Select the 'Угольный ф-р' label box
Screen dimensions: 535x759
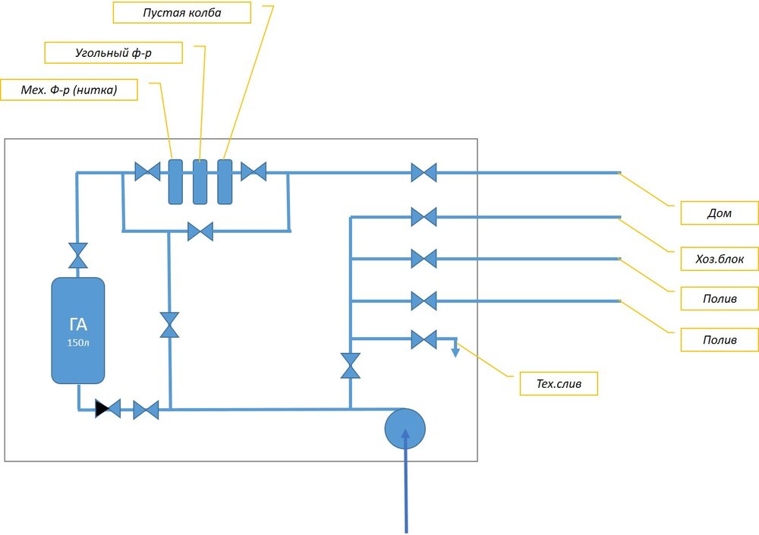103,52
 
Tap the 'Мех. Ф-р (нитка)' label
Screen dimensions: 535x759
70,90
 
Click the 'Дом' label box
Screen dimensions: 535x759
719,213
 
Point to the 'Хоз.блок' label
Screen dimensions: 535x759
719,259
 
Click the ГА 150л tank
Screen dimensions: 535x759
78,330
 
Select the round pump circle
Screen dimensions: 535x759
405,429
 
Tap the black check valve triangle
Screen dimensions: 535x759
102,410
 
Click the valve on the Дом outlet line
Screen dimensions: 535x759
424,173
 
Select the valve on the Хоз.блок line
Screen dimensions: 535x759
424,217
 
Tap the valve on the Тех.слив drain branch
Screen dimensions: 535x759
424,338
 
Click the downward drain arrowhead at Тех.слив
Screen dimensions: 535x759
455,352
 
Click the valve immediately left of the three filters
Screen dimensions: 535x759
146,172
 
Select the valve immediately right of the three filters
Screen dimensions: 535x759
254,172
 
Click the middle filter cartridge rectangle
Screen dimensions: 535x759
200,181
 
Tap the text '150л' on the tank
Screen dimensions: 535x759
78,343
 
